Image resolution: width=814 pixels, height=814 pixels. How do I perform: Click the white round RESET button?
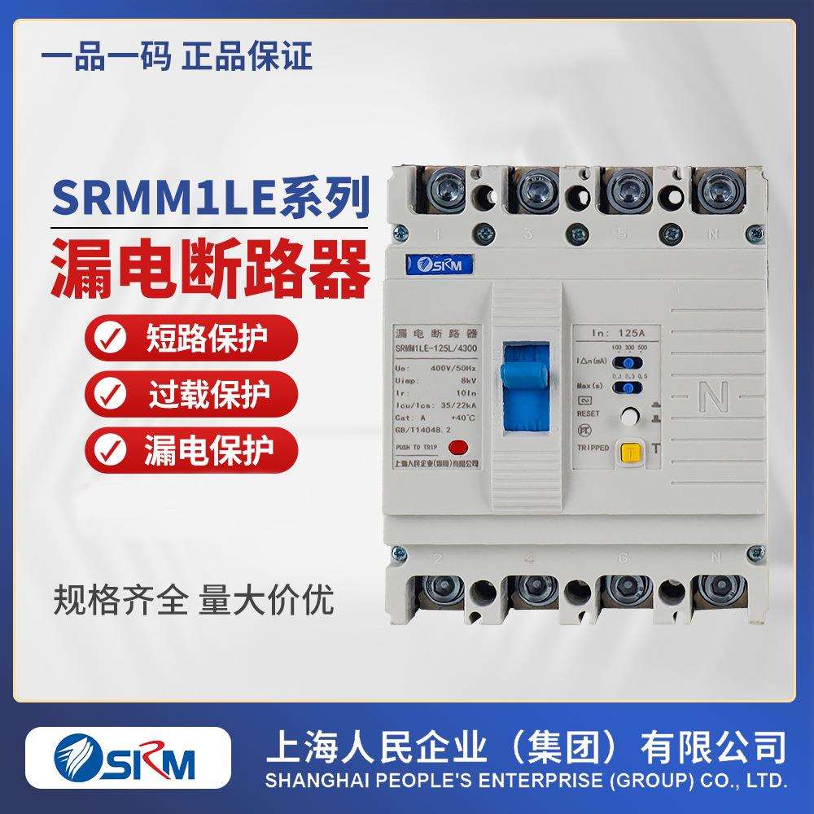click(629, 417)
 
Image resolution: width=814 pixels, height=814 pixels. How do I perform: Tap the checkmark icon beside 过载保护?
click(109, 396)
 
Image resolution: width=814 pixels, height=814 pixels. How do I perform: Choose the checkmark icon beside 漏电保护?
click(109, 449)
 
